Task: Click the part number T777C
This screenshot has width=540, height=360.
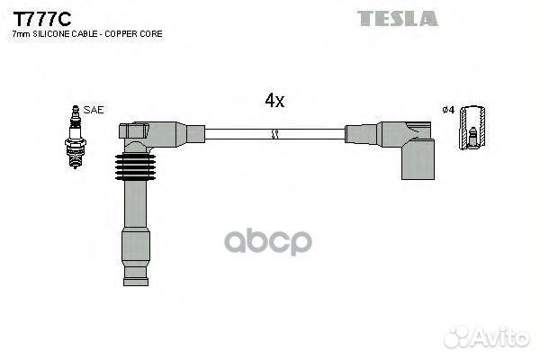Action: pos(42,19)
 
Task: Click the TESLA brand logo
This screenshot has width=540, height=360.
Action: pos(398,18)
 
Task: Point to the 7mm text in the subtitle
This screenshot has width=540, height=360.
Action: pos(21,34)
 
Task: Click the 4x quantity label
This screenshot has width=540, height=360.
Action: pos(274,100)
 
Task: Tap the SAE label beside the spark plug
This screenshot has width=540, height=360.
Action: pos(94,110)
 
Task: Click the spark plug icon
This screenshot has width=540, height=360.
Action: pos(76,137)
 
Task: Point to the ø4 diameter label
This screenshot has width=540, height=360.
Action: pos(448,110)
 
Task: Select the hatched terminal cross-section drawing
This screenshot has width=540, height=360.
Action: pos(473,128)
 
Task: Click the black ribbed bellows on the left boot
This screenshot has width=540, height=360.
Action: pos(135,166)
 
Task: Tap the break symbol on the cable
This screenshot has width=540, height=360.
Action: pos(274,134)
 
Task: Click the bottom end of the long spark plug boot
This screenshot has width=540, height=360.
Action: pos(136,282)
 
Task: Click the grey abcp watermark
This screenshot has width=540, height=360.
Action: pos(268,242)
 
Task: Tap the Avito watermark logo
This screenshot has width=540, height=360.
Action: pos(486,337)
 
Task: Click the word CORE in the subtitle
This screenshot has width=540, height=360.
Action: pos(151,34)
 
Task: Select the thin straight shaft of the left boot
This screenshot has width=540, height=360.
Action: pos(135,204)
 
